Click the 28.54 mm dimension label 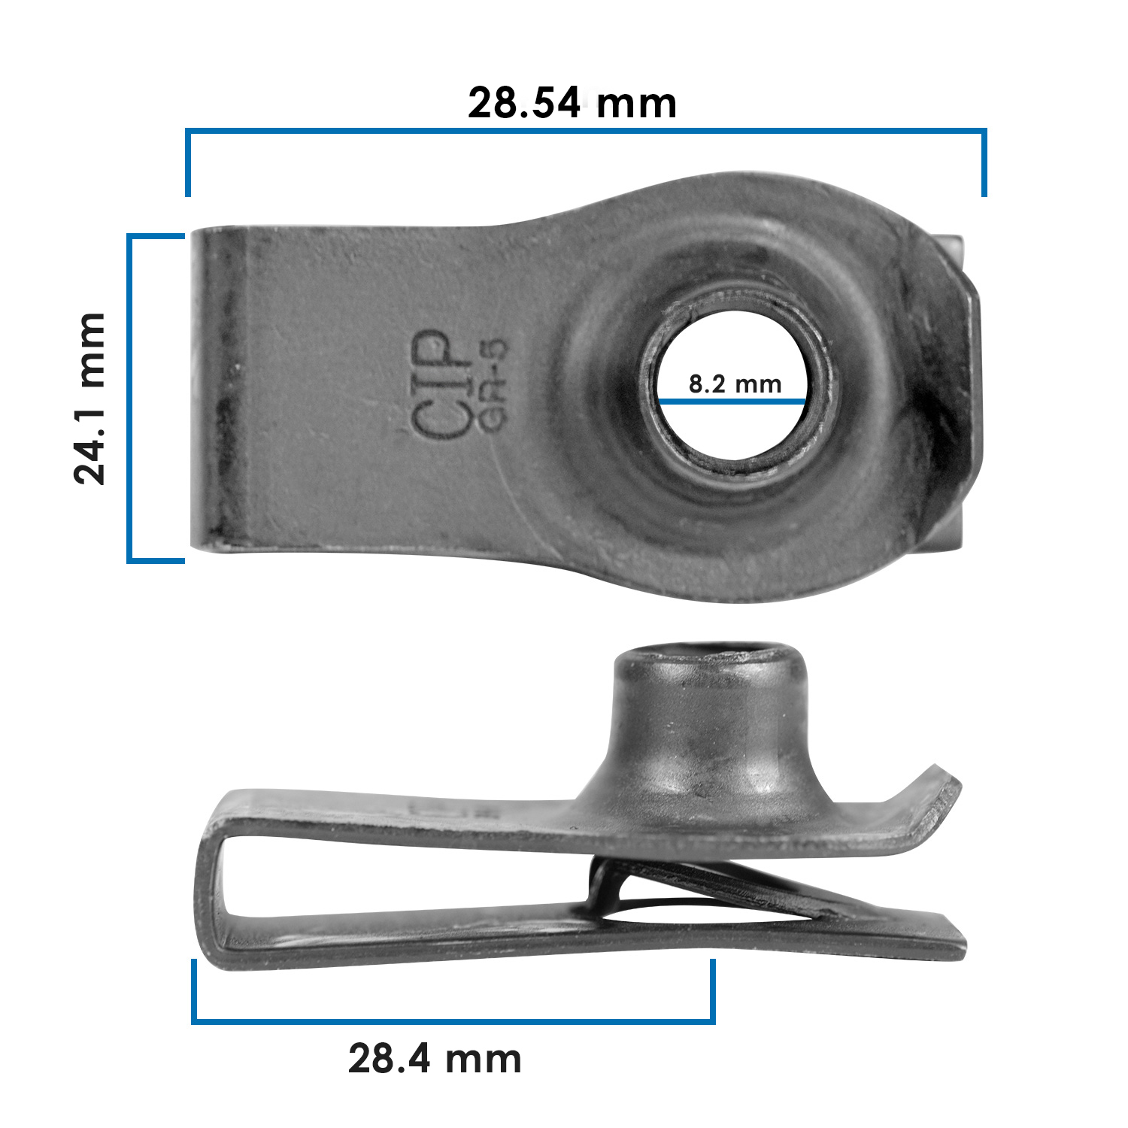pos(572,103)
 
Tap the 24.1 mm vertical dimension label pos(90,399)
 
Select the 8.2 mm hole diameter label pos(735,384)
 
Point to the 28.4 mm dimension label pos(435,1059)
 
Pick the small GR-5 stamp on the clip pos(493,385)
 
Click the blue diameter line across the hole pos(733,402)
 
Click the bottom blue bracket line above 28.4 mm pos(453,1020)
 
